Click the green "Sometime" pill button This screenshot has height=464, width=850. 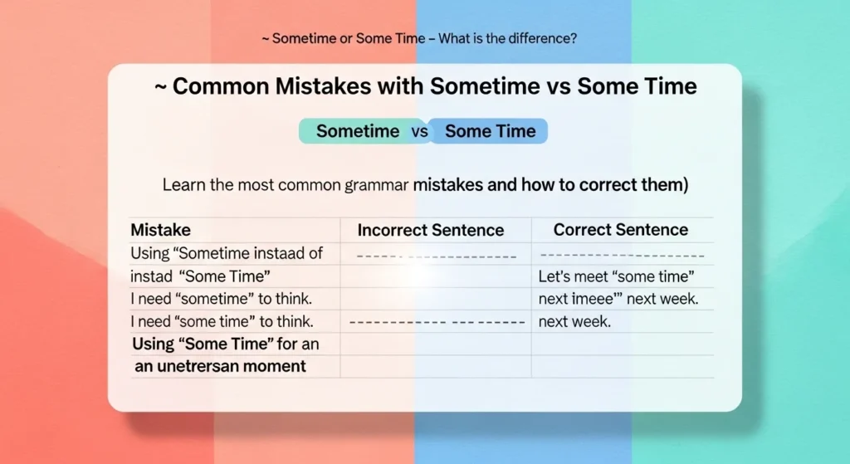click(x=357, y=131)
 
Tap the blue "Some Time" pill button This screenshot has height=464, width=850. click(x=490, y=131)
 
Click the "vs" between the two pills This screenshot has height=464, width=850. click(x=420, y=131)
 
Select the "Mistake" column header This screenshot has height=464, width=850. click(x=160, y=230)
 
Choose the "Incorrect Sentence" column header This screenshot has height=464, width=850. click(x=430, y=230)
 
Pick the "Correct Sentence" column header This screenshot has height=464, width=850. click(x=620, y=230)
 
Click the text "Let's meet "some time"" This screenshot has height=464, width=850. click(x=616, y=276)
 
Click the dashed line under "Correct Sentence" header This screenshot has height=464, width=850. click(x=622, y=256)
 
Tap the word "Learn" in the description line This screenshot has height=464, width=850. click(x=183, y=185)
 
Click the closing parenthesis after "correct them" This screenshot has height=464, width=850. click(x=686, y=185)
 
